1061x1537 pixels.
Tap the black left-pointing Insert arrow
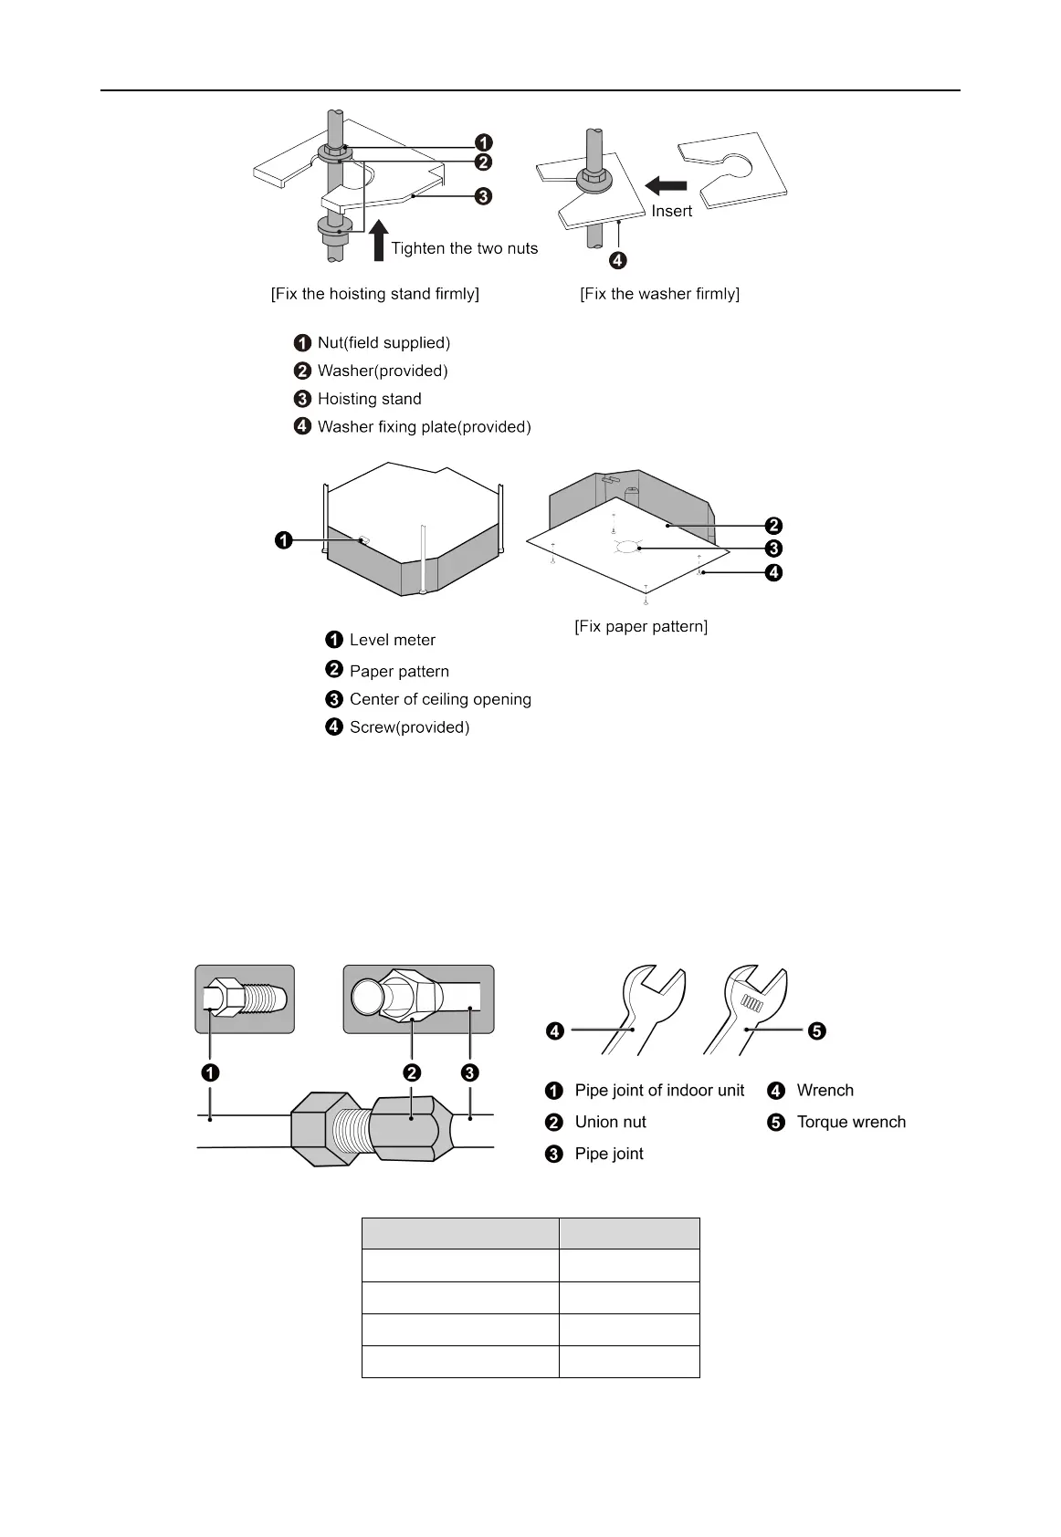click(666, 186)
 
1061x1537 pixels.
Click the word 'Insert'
click(671, 211)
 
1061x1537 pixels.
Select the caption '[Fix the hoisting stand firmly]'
click(375, 294)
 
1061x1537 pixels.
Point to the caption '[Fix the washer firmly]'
click(659, 294)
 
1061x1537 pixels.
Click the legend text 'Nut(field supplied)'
click(383, 343)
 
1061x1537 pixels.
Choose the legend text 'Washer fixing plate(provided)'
click(424, 427)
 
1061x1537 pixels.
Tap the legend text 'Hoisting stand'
click(369, 399)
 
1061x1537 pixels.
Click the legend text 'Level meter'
click(392, 640)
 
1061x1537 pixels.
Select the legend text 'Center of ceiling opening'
click(440, 699)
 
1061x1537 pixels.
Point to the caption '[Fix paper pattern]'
click(641, 626)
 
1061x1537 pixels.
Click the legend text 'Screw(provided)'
click(409, 727)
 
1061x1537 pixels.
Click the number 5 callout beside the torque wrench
click(816, 1031)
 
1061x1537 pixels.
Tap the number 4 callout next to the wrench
click(554, 1031)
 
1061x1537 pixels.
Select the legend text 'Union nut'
click(610, 1123)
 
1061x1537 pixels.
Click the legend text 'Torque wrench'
click(851, 1123)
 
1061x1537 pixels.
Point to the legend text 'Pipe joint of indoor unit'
click(659, 1091)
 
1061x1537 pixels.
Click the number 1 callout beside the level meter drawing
click(284, 541)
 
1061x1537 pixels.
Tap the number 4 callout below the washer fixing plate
click(618, 261)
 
